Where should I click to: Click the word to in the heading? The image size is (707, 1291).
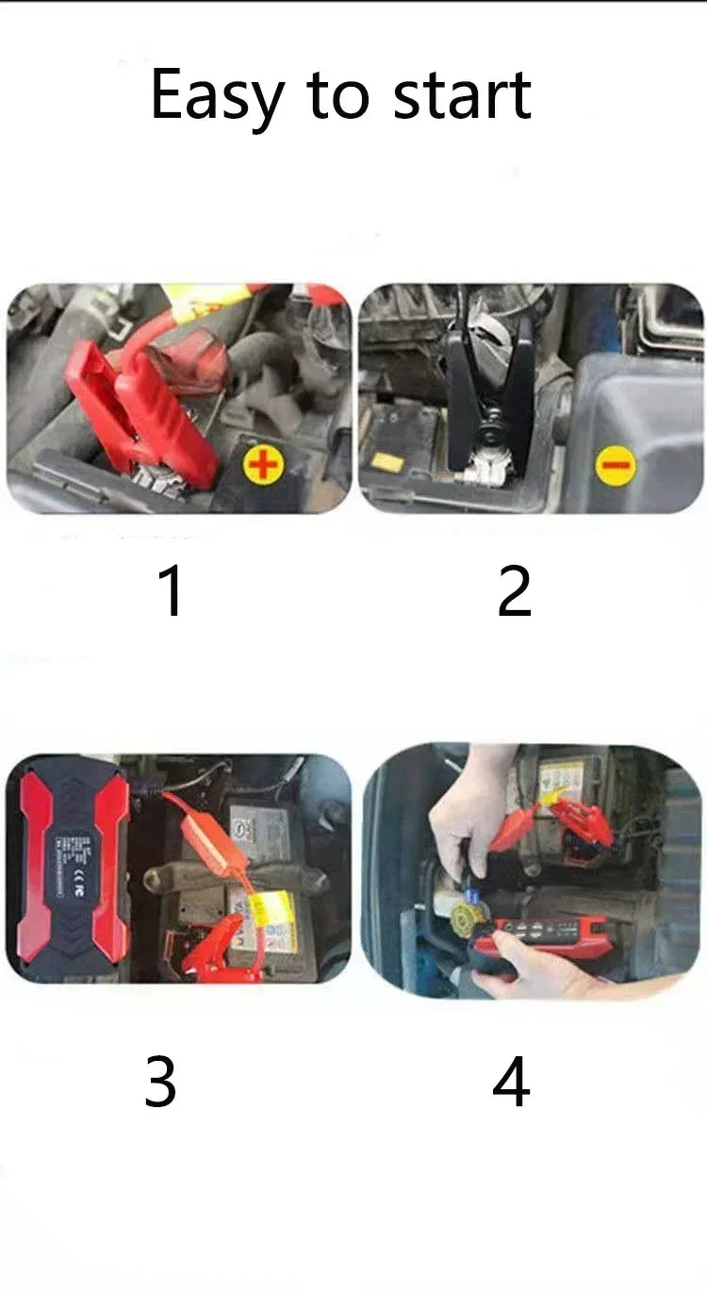(337, 96)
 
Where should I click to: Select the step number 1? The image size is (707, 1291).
(171, 591)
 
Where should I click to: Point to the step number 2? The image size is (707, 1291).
(515, 591)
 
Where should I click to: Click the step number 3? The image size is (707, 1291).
(160, 1082)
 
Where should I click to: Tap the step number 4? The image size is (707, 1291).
(511, 1082)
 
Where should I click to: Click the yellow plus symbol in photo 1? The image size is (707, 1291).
(264, 466)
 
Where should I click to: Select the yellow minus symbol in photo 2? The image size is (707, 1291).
(617, 466)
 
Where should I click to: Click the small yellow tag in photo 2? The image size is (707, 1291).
(386, 462)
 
